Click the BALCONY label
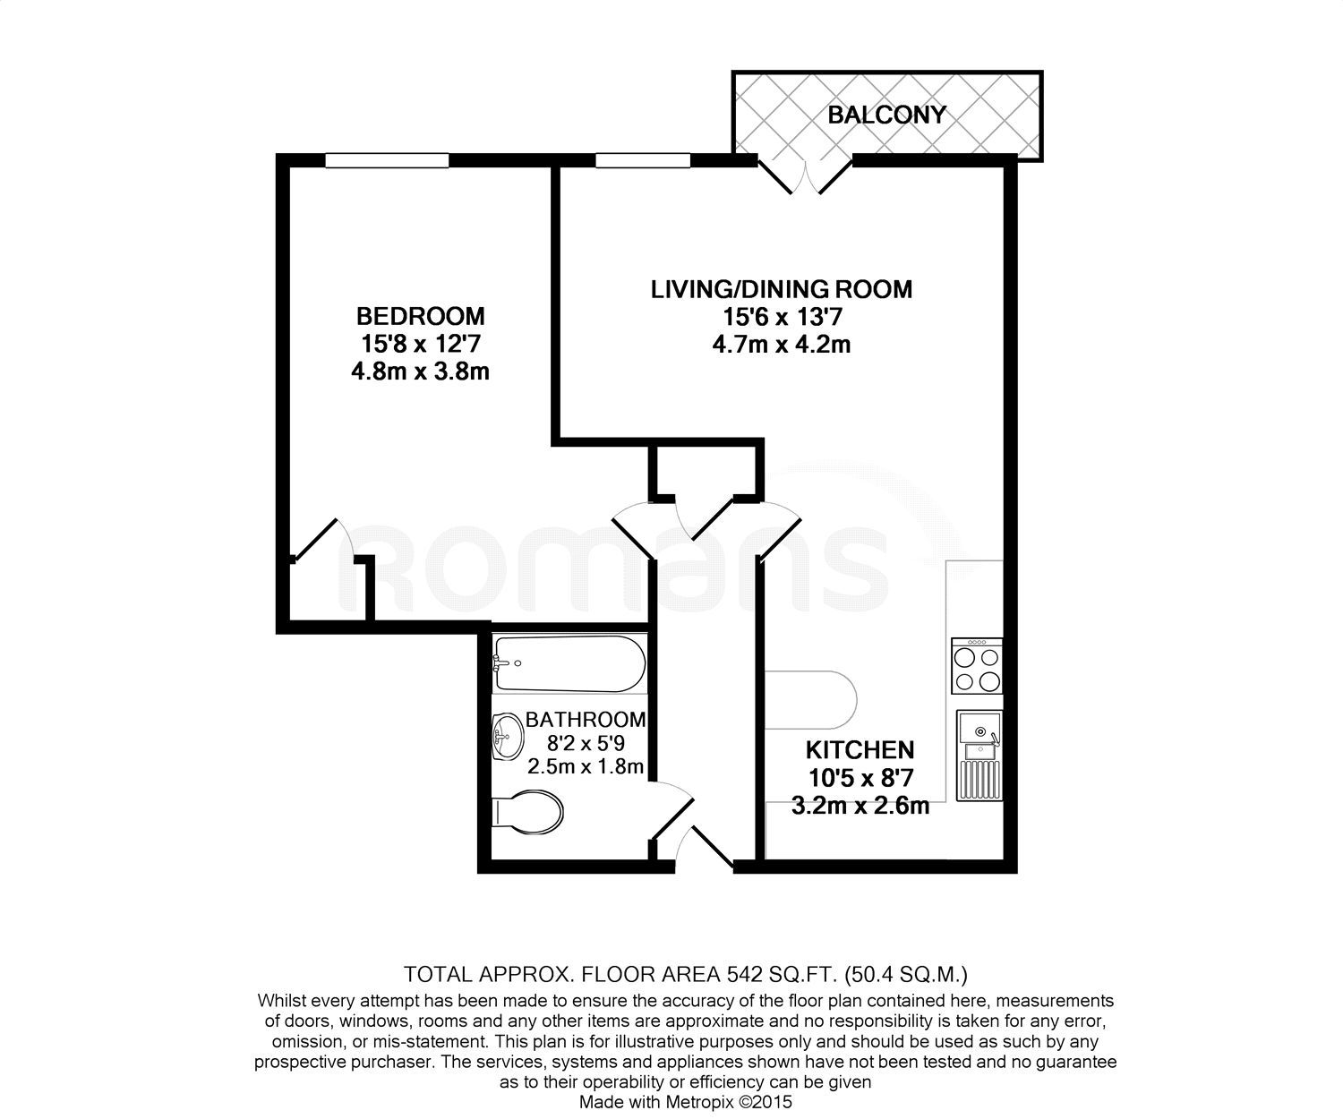pyautogui.click(x=885, y=115)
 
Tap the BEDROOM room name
pyautogui.click(x=420, y=316)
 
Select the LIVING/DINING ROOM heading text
pyautogui.click(x=781, y=289)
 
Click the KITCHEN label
pyautogui.click(x=860, y=749)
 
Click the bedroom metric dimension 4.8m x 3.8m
pyautogui.click(x=420, y=371)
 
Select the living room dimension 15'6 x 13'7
pyautogui.click(x=781, y=317)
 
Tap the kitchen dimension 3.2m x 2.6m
pyautogui.click(x=860, y=806)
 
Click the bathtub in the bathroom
pyautogui.click(x=569, y=663)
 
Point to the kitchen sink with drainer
pyautogui.click(x=979, y=755)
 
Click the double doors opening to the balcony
pyautogui.click(x=806, y=175)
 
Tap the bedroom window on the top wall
pyautogui.click(x=386, y=160)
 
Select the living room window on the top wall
pyautogui.click(x=643, y=160)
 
